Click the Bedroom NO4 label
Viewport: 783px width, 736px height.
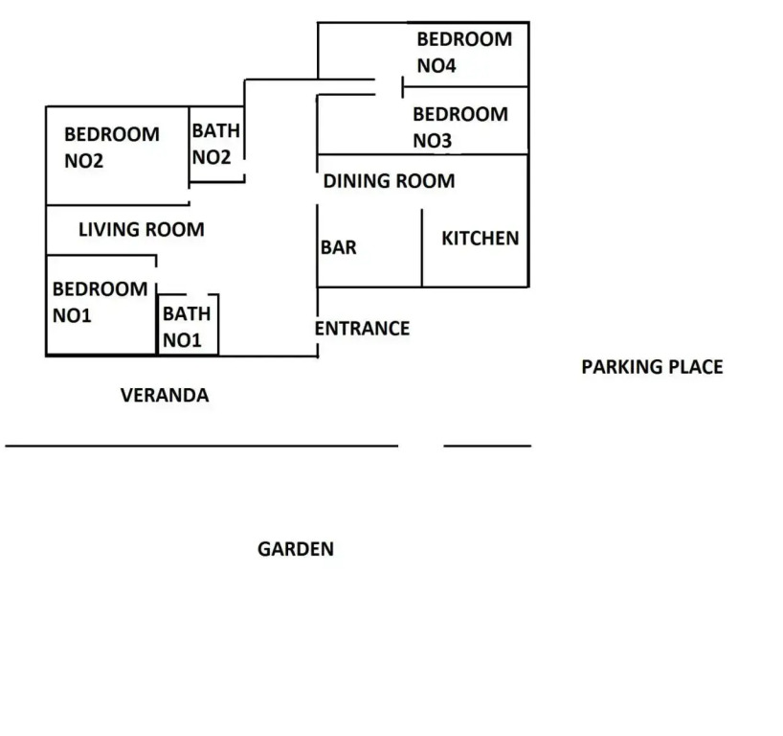(x=464, y=53)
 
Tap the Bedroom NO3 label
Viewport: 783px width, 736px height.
(x=459, y=127)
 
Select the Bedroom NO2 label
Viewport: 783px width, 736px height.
(x=112, y=148)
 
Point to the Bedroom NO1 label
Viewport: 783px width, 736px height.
(x=100, y=302)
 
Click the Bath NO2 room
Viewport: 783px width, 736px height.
(x=216, y=145)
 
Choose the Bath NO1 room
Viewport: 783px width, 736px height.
(x=188, y=325)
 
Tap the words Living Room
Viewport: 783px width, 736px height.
(x=142, y=229)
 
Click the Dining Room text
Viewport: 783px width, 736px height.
(x=389, y=181)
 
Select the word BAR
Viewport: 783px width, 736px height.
(x=339, y=247)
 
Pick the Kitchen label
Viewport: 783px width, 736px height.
(x=481, y=239)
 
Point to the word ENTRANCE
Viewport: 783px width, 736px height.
(x=362, y=329)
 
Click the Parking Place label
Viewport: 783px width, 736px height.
(x=652, y=367)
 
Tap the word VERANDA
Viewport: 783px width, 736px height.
(x=165, y=396)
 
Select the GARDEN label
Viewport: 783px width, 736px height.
(x=296, y=549)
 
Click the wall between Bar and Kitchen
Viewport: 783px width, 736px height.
(x=422, y=248)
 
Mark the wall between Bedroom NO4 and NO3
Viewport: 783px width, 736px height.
(x=465, y=86)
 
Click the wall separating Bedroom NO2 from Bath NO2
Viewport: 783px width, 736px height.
(x=190, y=148)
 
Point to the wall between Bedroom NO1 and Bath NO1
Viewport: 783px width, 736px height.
(x=157, y=319)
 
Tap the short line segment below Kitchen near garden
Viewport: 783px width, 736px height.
(x=487, y=445)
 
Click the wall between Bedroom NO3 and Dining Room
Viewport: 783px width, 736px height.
(x=423, y=154)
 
